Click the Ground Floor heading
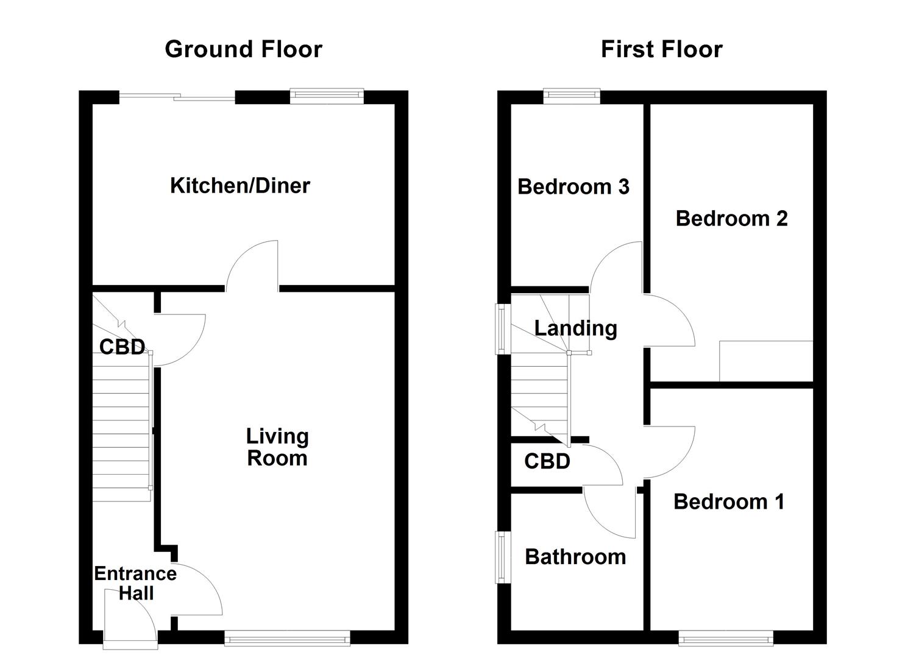[x=243, y=49]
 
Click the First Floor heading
[x=661, y=49]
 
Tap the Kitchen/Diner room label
[x=240, y=185]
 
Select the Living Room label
[x=277, y=447]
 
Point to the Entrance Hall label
[x=135, y=583]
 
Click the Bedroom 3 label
[x=573, y=186]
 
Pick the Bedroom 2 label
[x=731, y=218]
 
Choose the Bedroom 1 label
[x=729, y=501]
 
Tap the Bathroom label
[x=575, y=557]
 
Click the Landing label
[x=575, y=328]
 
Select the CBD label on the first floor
[x=547, y=461]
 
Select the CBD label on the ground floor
[x=122, y=347]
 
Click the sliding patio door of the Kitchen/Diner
[x=177, y=97]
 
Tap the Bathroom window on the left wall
[x=503, y=557]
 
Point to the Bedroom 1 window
[x=726, y=639]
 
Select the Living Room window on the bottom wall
[x=287, y=639]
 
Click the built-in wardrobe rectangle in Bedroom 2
[x=766, y=361]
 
